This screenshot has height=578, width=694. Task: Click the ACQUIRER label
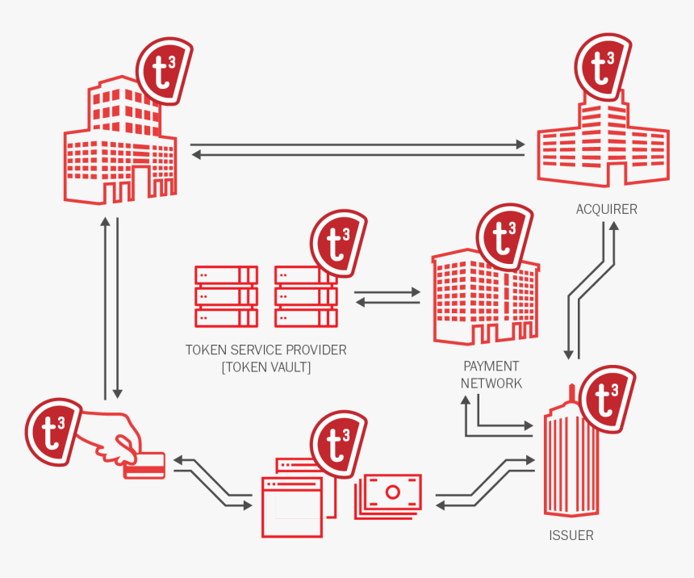(x=606, y=209)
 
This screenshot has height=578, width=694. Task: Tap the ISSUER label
(x=571, y=535)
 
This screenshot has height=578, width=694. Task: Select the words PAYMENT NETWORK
(x=491, y=375)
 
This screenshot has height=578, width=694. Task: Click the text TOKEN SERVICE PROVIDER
(x=266, y=350)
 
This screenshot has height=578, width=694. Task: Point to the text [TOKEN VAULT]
(x=266, y=367)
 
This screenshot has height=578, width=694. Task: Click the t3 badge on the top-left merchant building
(x=164, y=71)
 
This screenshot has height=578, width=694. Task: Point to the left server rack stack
(x=226, y=296)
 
